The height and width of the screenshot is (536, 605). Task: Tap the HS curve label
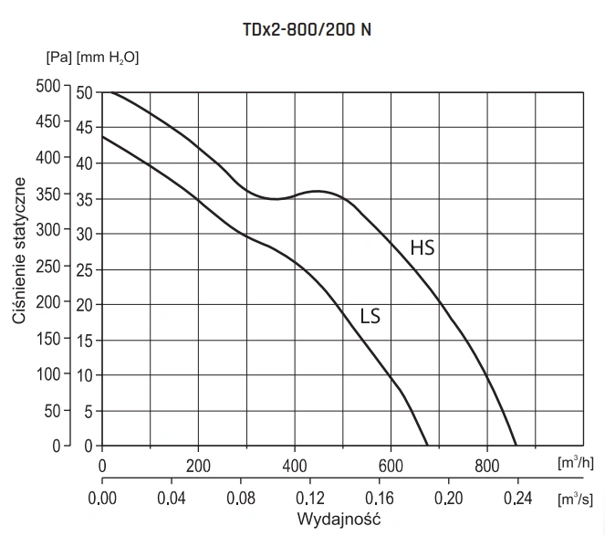pyautogui.click(x=422, y=247)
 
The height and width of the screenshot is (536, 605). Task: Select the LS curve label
pyautogui.click(x=370, y=317)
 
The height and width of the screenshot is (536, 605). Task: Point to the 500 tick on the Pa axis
pyautogui.click(x=47, y=87)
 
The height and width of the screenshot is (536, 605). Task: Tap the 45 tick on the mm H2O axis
pyautogui.click(x=85, y=128)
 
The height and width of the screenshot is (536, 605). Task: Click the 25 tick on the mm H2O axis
pyautogui.click(x=85, y=269)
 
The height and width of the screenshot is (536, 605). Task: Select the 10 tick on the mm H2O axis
pyautogui.click(x=85, y=375)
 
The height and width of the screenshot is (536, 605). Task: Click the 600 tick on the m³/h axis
pyautogui.click(x=391, y=464)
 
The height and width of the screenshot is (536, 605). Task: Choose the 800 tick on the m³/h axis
pyautogui.click(x=487, y=464)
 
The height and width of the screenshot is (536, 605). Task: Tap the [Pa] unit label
pyautogui.click(x=58, y=58)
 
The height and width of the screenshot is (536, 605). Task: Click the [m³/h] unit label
pyautogui.click(x=576, y=463)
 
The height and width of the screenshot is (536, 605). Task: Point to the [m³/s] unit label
pyautogui.click(x=576, y=499)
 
